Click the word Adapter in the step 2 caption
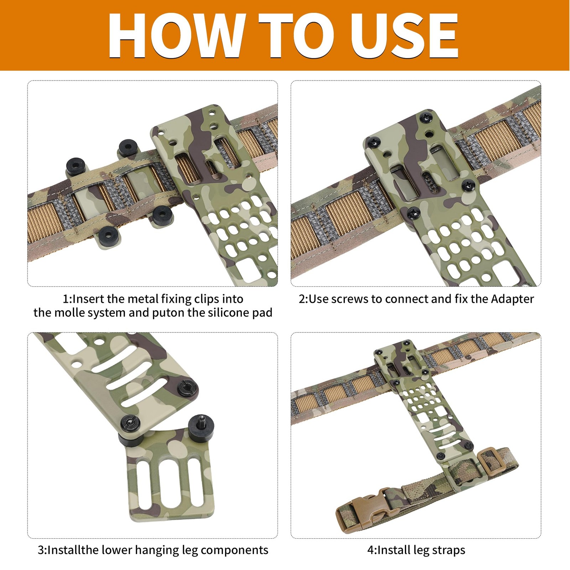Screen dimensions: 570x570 512,299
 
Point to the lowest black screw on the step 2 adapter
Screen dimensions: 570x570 413,212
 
